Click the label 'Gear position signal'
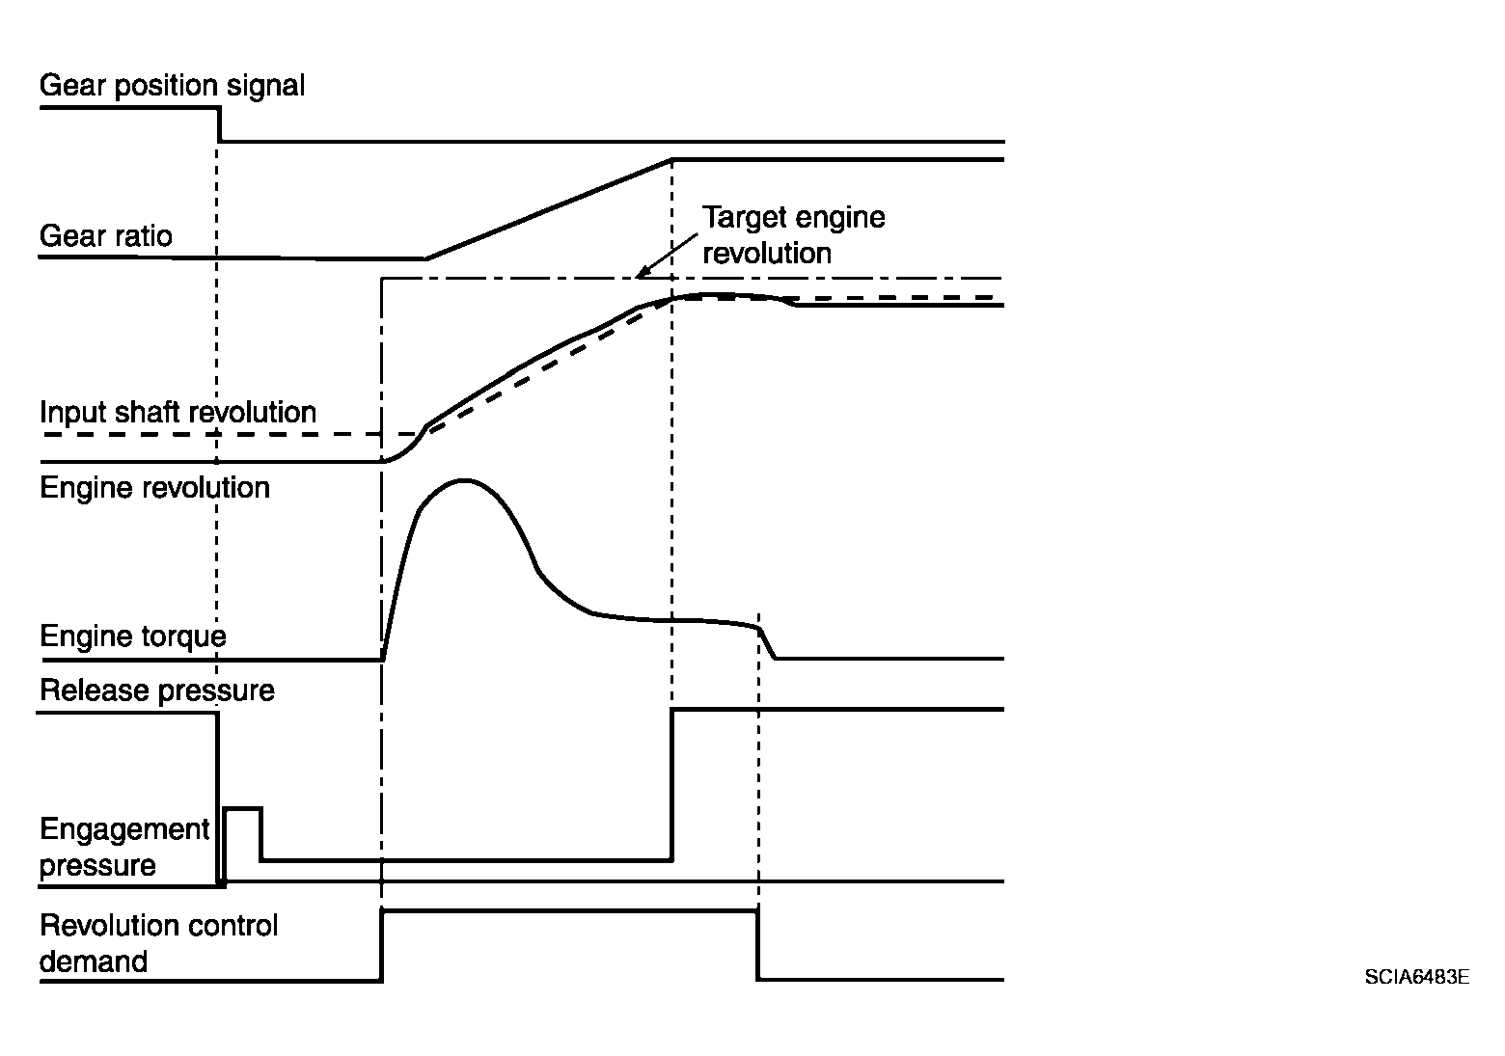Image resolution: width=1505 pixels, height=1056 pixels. (172, 86)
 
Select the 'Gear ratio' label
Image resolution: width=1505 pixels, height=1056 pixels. (105, 236)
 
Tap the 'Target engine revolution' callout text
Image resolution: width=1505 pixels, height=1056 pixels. (793, 234)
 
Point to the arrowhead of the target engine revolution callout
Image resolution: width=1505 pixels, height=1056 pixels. (640, 276)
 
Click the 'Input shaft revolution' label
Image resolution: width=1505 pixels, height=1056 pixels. (178, 413)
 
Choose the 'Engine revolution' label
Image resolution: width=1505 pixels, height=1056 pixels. (154, 487)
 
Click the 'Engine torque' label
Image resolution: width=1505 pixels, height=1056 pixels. (132, 636)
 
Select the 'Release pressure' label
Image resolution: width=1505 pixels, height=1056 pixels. (156, 690)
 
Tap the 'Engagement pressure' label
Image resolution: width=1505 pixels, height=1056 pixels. (123, 847)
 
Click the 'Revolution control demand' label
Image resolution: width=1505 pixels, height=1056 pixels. (158, 943)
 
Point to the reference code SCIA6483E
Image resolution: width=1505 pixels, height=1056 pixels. (1416, 977)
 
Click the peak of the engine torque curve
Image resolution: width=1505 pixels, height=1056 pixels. (465, 479)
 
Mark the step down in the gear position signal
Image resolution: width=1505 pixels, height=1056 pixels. (219, 125)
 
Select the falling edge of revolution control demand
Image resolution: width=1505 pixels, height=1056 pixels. (757, 945)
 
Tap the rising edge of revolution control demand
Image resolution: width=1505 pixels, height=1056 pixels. (383, 945)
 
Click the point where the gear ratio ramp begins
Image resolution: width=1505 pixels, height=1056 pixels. (426, 258)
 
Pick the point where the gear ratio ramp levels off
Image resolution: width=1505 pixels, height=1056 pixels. (672, 159)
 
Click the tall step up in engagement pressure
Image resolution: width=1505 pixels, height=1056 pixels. (671, 783)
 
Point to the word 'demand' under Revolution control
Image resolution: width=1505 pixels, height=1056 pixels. (94, 961)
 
